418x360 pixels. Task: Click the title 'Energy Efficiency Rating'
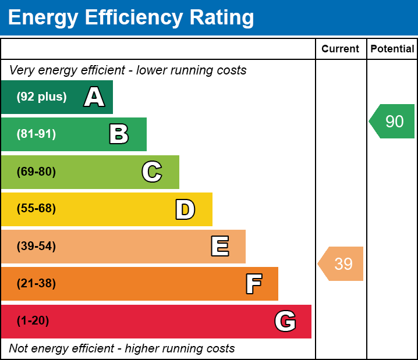pyautogui.click(x=130, y=18)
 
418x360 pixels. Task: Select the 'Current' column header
pyautogui.click(x=341, y=49)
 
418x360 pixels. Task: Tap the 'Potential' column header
pyautogui.click(x=392, y=49)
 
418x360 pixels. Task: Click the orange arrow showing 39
pyautogui.click(x=342, y=263)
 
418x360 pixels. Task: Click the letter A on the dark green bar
pyautogui.click(x=94, y=97)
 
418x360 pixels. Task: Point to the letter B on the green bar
pyautogui.click(x=119, y=134)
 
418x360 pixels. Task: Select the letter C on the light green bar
pyautogui.click(x=151, y=172)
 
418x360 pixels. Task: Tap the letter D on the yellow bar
pyautogui.click(x=185, y=209)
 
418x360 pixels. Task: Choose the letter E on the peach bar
pyautogui.click(x=219, y=247)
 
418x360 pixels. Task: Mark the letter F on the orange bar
pyautogui.click(x=253, y=284)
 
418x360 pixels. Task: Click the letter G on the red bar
pyautogui.click(x=285, y=321)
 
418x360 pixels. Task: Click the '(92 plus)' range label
pyautogui.click(x=41, y=97)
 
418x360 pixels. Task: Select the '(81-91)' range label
pyautogui.click(x=36, y=134)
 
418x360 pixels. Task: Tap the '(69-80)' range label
pyautogui.click(x=36, y=172)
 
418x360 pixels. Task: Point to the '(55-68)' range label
pyautogui.click(x=36, y=209)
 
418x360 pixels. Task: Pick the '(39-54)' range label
pyautogui.click(x=36, y=247)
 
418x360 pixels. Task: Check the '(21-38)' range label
pyautogui.click(x=36, y=284)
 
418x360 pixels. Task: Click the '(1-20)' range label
pyautogui.click(x=33, y=321)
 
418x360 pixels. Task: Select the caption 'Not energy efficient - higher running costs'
pyautogui.click(x=122, y=348)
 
